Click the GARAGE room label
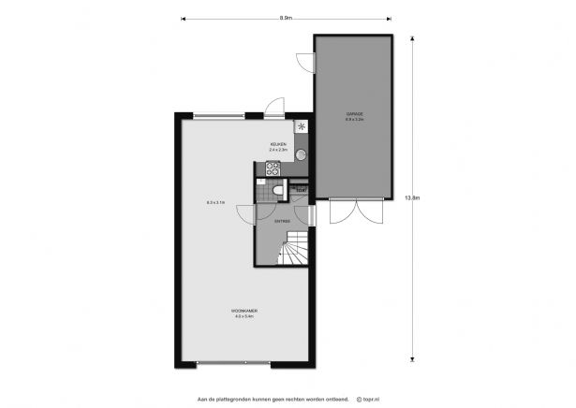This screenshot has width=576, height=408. click(x=353, y=114)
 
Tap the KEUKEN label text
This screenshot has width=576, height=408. click(x=278, y=144)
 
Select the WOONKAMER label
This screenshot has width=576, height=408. click(x=245, y=311)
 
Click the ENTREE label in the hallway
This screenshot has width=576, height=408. click(x=282, y=221)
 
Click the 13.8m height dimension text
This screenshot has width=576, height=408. click(x=410, y=197)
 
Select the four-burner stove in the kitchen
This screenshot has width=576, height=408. click(x=273, y=169)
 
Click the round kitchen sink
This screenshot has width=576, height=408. click(x=300, y=154)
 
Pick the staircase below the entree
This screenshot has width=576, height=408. click(x=296, y=250)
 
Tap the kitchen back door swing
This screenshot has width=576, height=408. click(x=273, y=108)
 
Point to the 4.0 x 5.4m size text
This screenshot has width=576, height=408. click(x=245, y=317)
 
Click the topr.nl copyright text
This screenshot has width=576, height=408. click(x=370, y=399)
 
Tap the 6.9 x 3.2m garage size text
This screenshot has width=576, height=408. click(x=353, y=121)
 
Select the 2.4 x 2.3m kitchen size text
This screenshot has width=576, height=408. click(x=278, y=150)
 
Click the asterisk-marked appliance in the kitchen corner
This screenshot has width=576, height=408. click(x=302, y=128)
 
